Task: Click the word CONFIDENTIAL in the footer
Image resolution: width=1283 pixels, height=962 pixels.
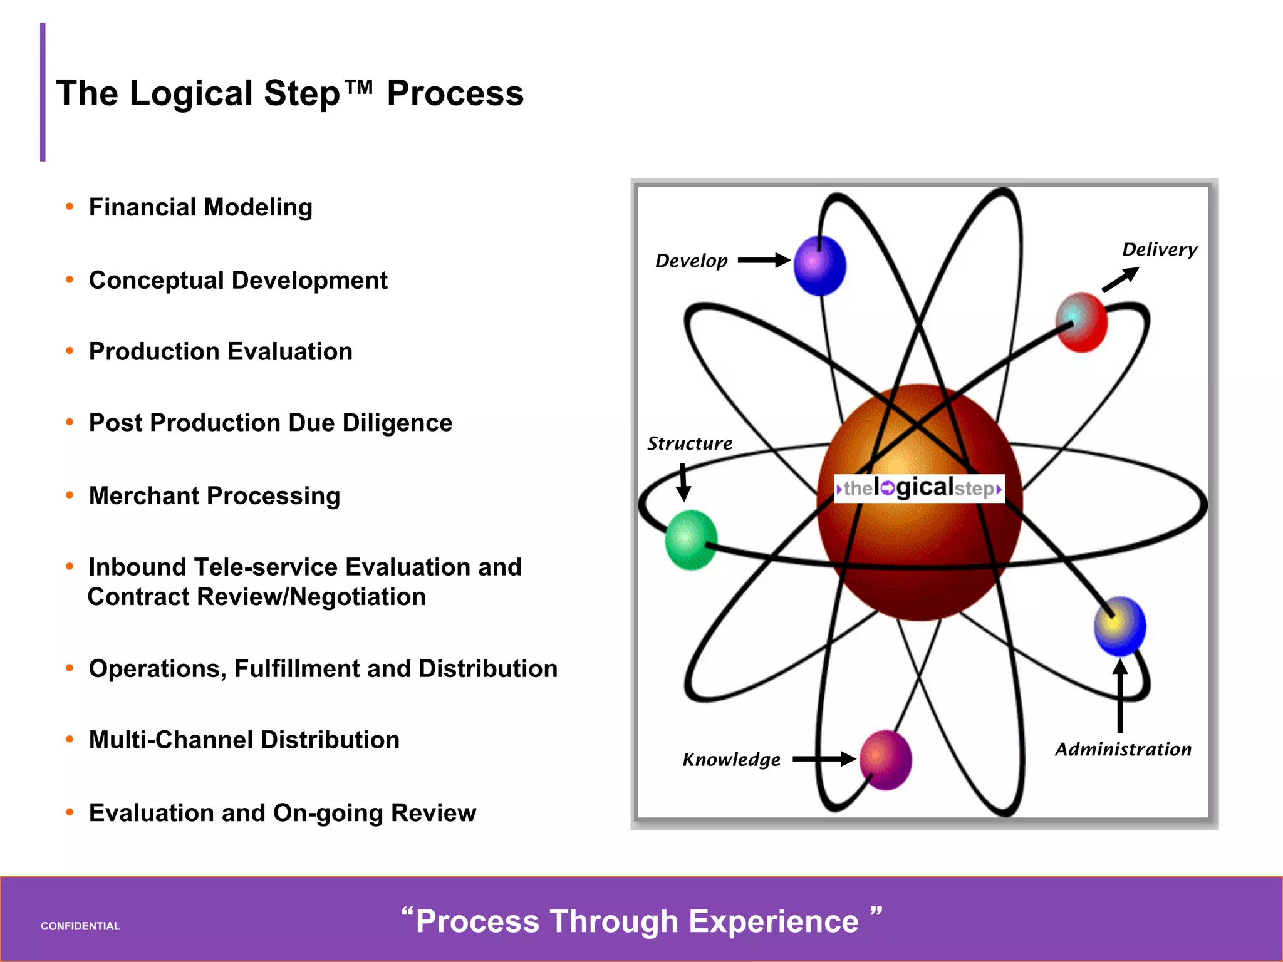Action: pos(80,926)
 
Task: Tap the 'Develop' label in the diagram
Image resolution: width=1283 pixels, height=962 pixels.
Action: pos(691,261)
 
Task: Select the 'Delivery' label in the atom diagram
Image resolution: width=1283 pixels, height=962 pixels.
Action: pos(1159,249)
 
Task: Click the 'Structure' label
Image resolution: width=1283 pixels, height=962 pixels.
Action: pos(689,443)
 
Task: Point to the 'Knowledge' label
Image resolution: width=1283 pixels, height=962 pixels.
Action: pos(731,760)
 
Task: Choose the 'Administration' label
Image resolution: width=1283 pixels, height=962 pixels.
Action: pos(1123,749)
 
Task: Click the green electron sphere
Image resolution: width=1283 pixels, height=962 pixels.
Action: pos(690,539)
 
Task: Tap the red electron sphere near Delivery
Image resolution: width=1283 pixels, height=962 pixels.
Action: pos(1081,322)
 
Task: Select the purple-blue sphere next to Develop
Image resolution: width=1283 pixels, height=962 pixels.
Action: pos(819,266)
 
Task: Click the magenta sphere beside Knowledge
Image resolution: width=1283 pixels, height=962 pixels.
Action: pos(885,759)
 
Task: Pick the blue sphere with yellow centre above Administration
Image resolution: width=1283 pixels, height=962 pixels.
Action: pos(1119,626)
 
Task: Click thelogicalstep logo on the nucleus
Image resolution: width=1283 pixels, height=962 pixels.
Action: pos(919,488)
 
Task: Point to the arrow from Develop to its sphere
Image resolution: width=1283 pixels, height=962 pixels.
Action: pos(764,260)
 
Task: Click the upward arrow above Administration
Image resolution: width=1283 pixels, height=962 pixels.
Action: pos(1120,695)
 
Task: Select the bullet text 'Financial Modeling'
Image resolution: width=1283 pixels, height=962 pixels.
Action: pos(200,207)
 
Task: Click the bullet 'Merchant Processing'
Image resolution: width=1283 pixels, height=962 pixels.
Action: pos(214,495)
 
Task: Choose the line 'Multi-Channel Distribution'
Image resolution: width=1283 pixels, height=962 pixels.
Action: pos(244,740)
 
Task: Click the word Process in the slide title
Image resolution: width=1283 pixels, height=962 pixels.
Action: pos(455,93)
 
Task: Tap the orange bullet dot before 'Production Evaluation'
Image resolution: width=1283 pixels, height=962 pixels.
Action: pos(70,351)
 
